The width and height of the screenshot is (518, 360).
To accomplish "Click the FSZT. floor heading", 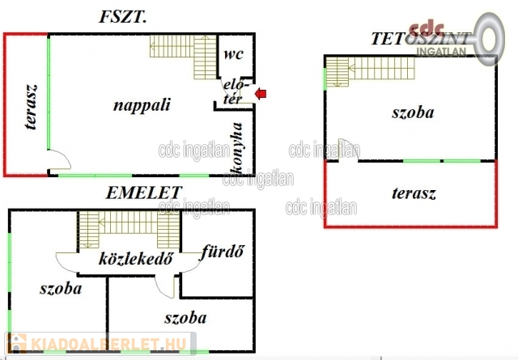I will [122, 17].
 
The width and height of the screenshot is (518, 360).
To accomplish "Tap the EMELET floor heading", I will [144, 193].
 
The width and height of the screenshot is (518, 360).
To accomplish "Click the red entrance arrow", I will [261, 95].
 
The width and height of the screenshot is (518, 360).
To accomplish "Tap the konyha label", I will [237, 147].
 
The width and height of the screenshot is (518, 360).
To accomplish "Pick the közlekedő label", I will [137, 259].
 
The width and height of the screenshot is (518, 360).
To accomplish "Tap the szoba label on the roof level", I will [413, 112].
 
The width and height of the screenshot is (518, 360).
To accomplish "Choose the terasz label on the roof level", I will [414, 194].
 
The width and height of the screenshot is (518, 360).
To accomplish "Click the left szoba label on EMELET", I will [61, 288].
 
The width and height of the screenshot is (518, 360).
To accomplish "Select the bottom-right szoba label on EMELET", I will [185, 317].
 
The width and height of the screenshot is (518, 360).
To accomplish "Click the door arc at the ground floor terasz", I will [57, 161].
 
